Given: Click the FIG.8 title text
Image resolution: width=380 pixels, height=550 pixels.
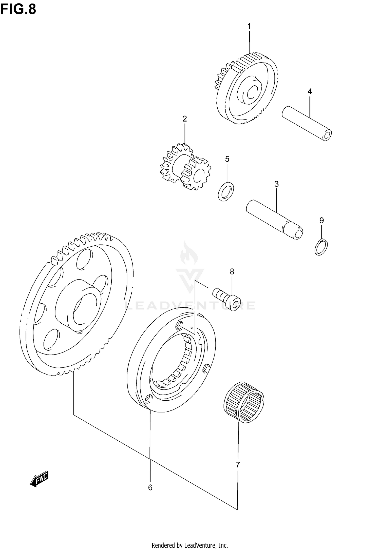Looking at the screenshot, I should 18,9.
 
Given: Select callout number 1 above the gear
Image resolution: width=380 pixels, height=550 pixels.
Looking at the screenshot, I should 249,26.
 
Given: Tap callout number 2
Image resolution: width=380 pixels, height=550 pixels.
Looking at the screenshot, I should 185,119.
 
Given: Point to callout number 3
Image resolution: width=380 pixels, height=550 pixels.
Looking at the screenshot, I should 276,184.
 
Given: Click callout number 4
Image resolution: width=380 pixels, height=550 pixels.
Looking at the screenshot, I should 310,91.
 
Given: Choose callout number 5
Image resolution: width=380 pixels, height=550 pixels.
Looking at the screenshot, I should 227,159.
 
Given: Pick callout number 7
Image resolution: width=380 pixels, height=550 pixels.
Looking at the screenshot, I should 238,464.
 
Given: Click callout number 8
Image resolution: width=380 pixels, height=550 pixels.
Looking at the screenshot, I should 232,272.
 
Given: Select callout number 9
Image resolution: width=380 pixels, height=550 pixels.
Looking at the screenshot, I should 321,220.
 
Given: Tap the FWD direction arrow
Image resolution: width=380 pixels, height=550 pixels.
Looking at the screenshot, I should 39,479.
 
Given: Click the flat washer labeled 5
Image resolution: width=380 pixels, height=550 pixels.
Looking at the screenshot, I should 226,191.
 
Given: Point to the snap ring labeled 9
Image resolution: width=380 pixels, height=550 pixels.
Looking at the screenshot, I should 321,247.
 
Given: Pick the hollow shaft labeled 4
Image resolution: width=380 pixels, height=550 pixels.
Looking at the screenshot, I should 307,123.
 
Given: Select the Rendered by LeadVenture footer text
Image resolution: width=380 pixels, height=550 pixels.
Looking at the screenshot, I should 190,545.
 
